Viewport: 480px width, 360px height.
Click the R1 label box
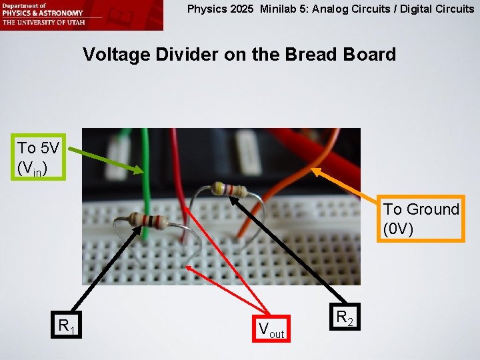(x=65, y=326)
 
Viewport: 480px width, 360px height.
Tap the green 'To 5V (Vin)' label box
(x=37, y=159)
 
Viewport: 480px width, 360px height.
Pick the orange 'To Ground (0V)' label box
(x=421, y=219)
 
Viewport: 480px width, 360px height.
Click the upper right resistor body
(x=227, y=189)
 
